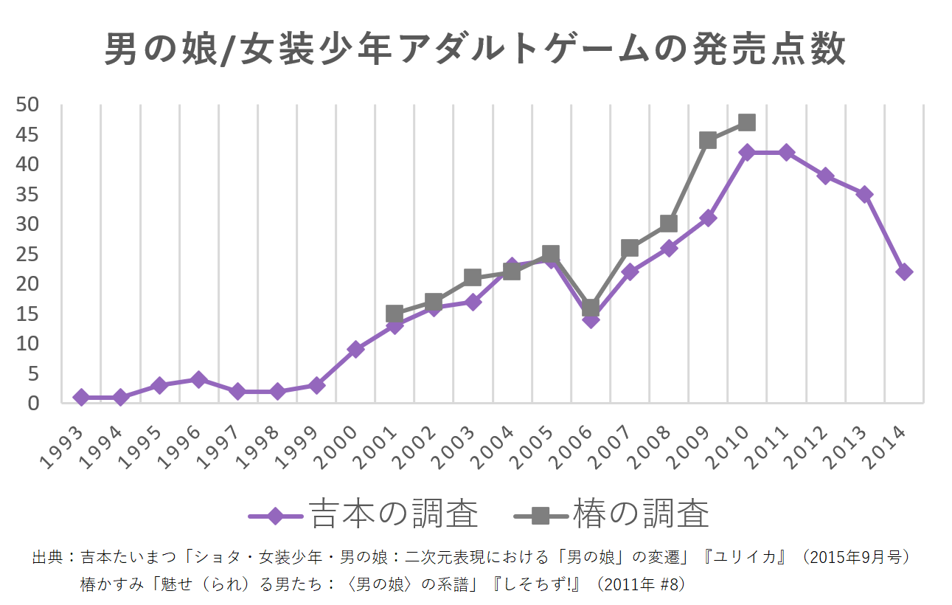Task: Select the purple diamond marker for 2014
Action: click(x=904, y=272)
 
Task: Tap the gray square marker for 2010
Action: click(x=746, y=122)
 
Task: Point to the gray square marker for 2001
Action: click(x=395, y=314)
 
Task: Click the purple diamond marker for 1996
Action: click(x=198, y=379)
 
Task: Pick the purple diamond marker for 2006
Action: click(x=590, y=319)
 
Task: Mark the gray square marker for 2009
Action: click(x=708, y=140)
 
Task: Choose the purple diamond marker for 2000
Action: click(x=355, y=349)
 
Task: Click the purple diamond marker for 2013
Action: click(x=864, y=194)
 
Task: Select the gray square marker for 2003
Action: click(x=473, y=277)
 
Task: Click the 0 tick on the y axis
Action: click(x=32, y=404)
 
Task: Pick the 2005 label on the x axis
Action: click(x=531, y=448)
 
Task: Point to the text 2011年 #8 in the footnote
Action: click(x=643, y=584)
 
